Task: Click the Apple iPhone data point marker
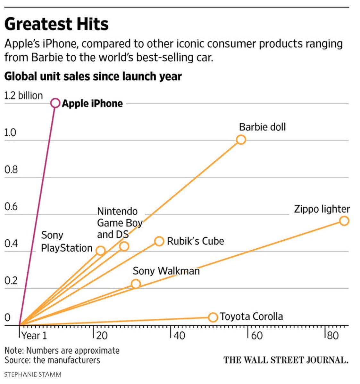tap(55, 103)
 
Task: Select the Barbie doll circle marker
tap(241, 140)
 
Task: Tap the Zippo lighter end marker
tap(344, 221)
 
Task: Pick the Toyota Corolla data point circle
tap(213, 317)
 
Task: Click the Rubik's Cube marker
tap(159, 241)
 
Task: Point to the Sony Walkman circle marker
tap(136, 284)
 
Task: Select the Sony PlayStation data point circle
tap(101, 251)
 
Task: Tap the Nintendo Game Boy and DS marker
tap(124, 246)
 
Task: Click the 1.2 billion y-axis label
tap(23, 95)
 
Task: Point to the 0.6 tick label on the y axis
tap(11, 207)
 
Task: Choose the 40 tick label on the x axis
tap(180, 336)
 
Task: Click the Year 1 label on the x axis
tap(34, 336)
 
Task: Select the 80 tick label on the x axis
tap(333, 335)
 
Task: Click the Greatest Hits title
tap(56, 24)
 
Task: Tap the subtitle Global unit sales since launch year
tap(93, 76)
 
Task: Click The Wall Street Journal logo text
tap(286, 360)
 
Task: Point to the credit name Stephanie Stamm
tap(32, 374)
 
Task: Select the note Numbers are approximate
tap(62, 350)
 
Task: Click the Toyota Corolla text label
tap(251, 316)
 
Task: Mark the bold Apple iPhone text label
tap(92, 103)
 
